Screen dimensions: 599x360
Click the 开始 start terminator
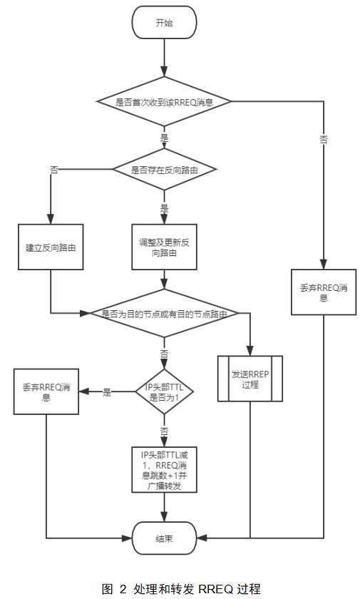coord(165,23)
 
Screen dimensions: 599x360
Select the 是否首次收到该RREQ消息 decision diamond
coord(165,101)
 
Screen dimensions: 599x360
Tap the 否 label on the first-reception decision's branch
coord(324,140)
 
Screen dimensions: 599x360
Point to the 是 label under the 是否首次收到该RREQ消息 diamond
coord(165,137)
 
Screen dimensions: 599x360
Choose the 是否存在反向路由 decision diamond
coord(165,170)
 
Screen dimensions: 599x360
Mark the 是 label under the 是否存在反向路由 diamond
coord(165,209)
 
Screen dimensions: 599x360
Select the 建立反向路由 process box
coord(51,247)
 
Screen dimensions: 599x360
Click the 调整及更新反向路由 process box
coord(165,247)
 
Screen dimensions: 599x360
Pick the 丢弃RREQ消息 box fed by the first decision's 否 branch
coord(324,293)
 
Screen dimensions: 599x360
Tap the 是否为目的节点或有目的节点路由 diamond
coord(165,313)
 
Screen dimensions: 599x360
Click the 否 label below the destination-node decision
coord(165,353)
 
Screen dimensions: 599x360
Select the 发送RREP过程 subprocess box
coord(250,379)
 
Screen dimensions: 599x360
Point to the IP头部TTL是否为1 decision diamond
coord(165,391)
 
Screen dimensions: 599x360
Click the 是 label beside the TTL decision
coord(108,391)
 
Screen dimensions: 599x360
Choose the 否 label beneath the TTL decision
coord(165,431)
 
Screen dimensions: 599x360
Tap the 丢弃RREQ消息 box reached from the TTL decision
coord(46,392)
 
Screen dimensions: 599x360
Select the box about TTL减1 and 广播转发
coord(165,470)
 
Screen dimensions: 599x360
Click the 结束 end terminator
coord(165,538)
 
